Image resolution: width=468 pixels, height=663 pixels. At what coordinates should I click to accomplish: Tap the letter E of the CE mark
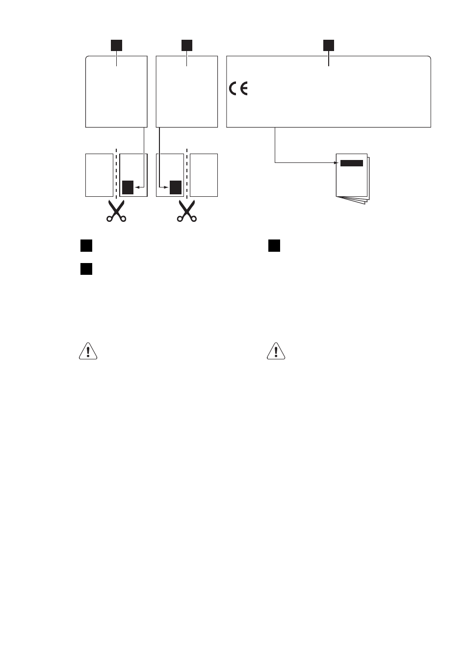point(243,88)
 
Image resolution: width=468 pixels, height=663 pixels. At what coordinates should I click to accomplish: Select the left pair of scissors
point(116,211)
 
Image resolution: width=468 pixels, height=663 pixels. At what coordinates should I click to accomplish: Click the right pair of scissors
point(187,211)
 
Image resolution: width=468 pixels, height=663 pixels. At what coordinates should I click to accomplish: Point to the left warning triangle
point(88,351)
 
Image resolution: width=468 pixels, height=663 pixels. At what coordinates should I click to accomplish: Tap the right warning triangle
point(276,351)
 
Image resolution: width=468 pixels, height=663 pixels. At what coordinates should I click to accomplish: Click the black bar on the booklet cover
point(351,163)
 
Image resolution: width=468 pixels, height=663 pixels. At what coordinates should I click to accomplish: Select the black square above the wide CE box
point(328,45)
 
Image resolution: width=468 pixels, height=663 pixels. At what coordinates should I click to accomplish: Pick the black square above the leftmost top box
point(116,45)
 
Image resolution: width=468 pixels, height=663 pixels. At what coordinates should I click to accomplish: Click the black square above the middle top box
point(187,45)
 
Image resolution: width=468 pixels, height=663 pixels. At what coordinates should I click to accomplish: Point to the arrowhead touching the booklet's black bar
point(337,162)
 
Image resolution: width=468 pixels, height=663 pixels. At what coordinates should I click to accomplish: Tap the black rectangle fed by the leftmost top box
point(128,187)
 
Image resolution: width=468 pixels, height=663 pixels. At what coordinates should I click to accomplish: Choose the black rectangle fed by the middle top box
point(176,187)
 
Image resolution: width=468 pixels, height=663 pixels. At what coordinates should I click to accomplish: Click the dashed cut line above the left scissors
point(116,173)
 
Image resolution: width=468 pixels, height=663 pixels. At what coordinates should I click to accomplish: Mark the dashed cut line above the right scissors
point(187,173)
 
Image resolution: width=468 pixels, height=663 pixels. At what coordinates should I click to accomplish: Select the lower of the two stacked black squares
point(86,269)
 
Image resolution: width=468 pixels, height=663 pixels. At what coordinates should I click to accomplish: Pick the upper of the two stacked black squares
point(86,246)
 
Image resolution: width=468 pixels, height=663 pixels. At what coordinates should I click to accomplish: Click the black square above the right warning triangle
point(274,246)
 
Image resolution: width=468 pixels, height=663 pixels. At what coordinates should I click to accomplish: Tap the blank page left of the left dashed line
point(100,175)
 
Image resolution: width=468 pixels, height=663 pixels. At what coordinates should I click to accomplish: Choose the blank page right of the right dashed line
point(204,175)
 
